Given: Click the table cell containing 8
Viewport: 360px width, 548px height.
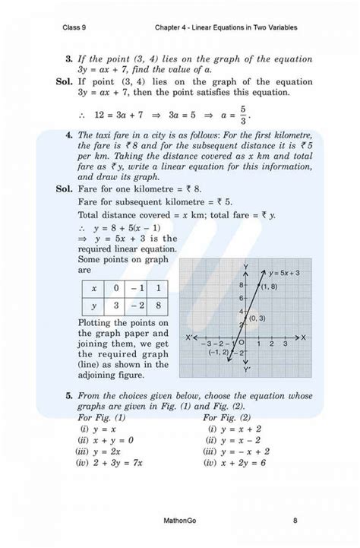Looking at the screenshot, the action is [157, 306].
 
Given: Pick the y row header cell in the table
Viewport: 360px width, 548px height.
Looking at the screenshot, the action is [93, 306].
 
